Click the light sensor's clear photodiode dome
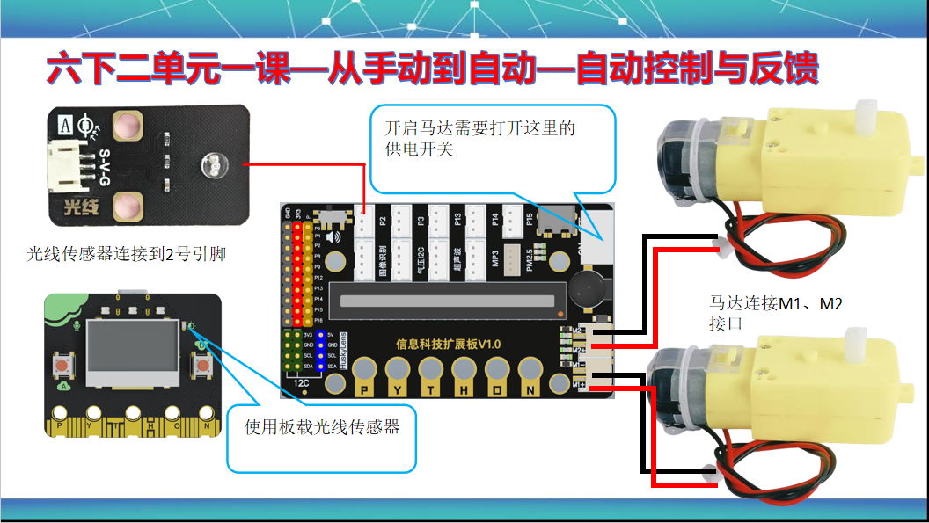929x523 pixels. click(211, 163)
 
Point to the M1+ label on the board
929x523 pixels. click(581, 385)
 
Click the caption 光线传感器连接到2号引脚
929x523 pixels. click(127, 255)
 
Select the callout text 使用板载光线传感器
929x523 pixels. click(322, 427)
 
